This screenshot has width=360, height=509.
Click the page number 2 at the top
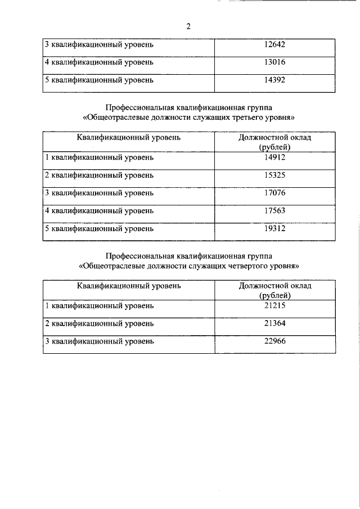(188, 26)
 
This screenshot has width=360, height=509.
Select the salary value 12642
(274, 44)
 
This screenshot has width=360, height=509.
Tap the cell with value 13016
(274, 62)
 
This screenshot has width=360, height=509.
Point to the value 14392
(274, 80)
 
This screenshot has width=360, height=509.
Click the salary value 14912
(274, 157)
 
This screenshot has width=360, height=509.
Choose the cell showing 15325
(274, 175)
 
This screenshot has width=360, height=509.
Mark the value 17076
(274, 193)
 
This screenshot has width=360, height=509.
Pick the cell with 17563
(274, 211)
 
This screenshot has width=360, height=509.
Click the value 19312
(274, 229)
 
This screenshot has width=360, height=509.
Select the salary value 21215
(274, 305)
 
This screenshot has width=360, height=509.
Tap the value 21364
(274, 323)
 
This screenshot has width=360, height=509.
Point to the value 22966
(274, 341)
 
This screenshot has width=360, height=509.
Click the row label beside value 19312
(99, 229)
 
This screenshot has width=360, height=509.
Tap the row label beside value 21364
(99, 323)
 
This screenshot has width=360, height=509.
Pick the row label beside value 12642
(99, 44)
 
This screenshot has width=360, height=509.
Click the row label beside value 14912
(99, 157)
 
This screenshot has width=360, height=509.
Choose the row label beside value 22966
(99, 341)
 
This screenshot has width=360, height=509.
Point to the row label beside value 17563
(99, 211)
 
